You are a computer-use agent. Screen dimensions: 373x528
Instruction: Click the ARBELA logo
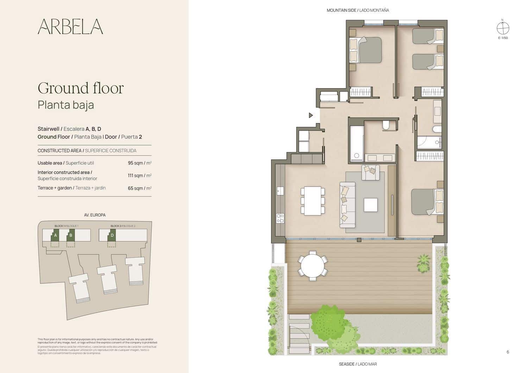[x=70, y=26]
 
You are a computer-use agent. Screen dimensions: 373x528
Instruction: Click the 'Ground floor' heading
[x=81, y=88]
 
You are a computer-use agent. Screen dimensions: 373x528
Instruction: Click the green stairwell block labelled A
[x=55, y=236]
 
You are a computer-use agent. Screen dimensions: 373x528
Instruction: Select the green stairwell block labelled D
[x=112, y=236]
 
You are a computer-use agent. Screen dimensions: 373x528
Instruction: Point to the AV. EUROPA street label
[x=95, y=215]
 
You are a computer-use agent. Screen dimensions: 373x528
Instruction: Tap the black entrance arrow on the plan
[x=311, y=115]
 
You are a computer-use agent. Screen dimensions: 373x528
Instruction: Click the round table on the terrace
[x=313, y=265]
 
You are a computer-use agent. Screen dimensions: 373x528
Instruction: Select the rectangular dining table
[x=313, y=201]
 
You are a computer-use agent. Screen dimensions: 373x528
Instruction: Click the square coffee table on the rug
[x=371, y=205]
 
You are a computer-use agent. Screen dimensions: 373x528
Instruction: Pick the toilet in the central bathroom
[x=386, y=126]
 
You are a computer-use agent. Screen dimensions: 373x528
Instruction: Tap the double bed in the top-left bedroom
[x=366, y=50]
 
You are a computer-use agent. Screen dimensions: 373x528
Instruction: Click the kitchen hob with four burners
[x=280, y=218]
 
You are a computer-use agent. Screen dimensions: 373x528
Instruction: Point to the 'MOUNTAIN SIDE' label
[x=341, y=11]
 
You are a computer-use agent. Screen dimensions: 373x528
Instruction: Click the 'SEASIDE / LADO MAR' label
[x=358, y=364]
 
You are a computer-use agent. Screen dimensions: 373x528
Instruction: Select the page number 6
[x=508, y=352]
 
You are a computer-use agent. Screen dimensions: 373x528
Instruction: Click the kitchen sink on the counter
[x=280, y=191]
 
